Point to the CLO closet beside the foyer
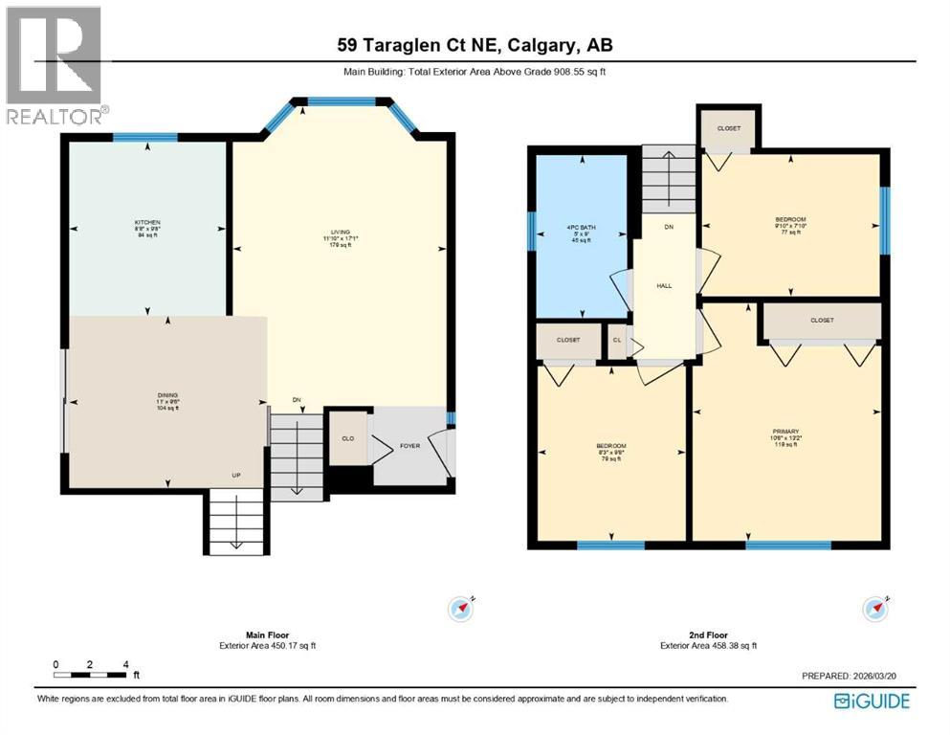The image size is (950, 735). [348, 438]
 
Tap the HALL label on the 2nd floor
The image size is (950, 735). [664, 285]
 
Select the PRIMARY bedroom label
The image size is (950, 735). [785, 435]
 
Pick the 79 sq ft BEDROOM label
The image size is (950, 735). [611, 452]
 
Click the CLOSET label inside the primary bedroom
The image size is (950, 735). [821, 321]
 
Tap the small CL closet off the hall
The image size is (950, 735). [617, 339]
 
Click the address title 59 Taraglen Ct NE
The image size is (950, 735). [475, 44]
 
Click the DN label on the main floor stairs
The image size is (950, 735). [297, 400]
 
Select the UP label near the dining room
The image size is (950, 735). [235, 476]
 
